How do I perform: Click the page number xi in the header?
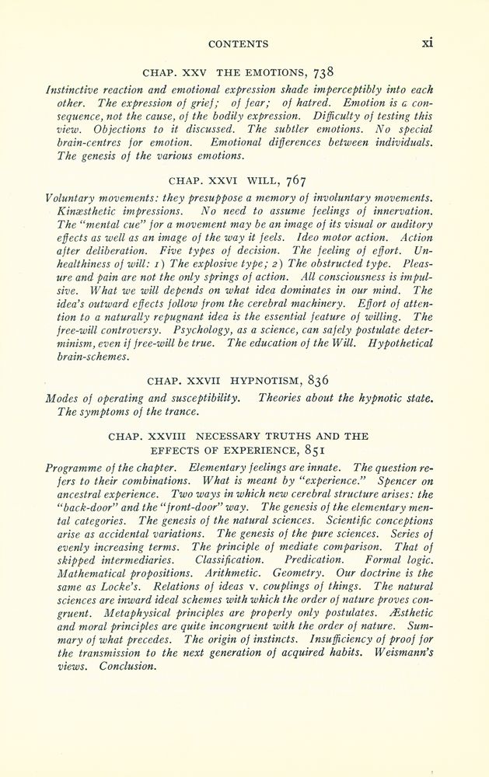tap(427, 43)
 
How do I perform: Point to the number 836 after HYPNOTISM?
tap(323, 380)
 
